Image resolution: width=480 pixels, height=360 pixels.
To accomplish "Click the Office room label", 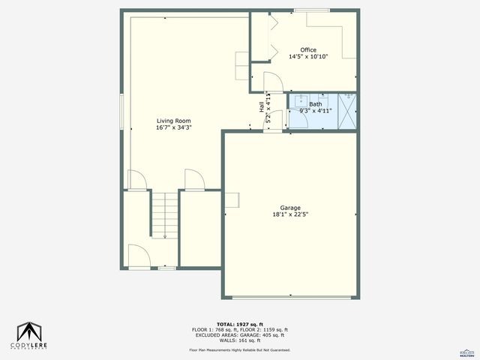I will click(308, 49).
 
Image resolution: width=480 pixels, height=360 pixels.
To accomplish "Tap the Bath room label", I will click(315, 104).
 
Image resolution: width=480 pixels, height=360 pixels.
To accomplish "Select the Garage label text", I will click(290, 208).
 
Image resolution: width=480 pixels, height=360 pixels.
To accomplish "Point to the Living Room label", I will click(173, 121).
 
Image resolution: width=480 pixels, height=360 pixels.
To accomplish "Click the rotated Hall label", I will click(262, 108).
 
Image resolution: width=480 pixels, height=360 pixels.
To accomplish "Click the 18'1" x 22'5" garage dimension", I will click(290, 214).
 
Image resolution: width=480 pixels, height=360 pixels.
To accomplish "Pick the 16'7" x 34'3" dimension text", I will click(173, 127).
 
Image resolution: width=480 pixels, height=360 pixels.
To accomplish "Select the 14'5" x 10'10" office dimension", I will click(308, 56).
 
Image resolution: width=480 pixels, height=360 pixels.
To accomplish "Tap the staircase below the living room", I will click(164, 214).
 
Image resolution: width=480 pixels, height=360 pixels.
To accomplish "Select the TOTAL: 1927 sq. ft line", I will click(239, 325).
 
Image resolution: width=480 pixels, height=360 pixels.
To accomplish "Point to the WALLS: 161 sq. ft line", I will click(239, 340).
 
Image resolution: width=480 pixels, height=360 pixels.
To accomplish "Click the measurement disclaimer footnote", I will click(239, 350).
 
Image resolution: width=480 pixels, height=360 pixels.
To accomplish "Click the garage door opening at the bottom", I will click(290, 298).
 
